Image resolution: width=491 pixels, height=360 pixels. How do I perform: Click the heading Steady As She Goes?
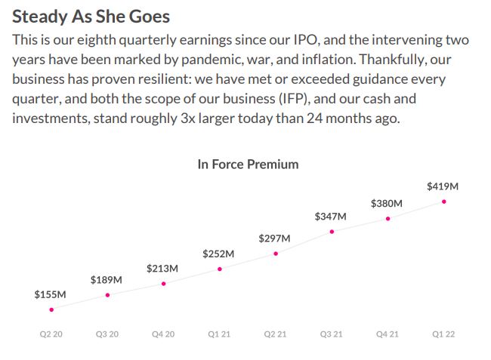91,16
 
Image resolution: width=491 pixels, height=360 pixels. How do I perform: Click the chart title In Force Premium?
248,164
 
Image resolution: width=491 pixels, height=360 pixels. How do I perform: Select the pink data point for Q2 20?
51,309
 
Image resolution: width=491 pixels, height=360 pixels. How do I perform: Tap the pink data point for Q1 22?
444,202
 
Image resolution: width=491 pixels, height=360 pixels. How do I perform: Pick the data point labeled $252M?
220,269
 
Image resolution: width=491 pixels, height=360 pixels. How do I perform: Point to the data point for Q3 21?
332,232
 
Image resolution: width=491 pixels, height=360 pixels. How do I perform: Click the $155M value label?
51,294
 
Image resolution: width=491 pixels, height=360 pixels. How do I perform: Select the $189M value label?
107,280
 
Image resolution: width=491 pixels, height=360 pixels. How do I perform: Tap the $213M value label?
162,268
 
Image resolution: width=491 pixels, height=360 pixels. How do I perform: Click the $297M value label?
274,238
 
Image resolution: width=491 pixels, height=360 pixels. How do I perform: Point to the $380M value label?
387,204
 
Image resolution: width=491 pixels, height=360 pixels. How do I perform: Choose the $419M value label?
443,186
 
